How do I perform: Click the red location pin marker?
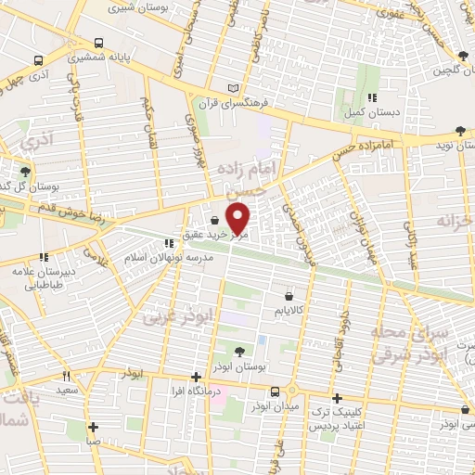click(x=239, y=218)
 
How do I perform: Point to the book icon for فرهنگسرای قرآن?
click(x=233, y=87)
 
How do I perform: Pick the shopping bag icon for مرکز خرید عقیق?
click(x=215, y=221)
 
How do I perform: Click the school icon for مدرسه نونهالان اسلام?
click(x=168, y=243)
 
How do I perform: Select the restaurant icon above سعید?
click(x=65, y=376)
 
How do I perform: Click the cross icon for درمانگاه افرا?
click(x=195, y=376)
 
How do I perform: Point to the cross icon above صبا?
click(x=94, y=428)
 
